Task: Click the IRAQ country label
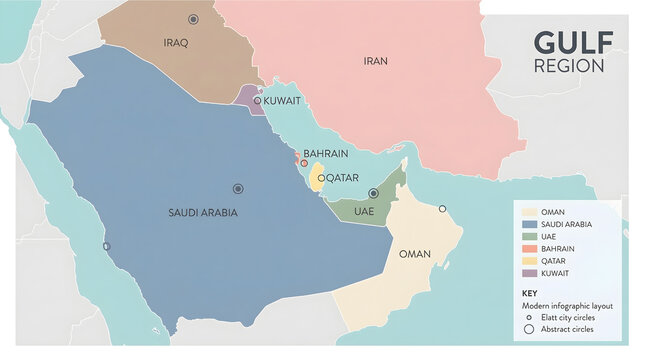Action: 176,42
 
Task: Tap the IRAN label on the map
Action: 375,62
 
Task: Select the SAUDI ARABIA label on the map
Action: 204,212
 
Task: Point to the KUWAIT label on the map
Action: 282,101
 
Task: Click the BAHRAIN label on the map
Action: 326,154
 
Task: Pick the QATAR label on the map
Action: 339,177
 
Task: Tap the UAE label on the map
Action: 364,212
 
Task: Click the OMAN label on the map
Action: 414,254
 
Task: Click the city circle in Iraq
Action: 193,19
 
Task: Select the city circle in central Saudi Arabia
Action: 238,188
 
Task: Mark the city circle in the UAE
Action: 373,193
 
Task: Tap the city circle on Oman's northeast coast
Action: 442,209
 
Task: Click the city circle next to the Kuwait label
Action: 257,100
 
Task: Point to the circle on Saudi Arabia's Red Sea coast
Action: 106,246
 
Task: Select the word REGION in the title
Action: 569,67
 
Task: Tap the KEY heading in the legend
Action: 530,293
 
